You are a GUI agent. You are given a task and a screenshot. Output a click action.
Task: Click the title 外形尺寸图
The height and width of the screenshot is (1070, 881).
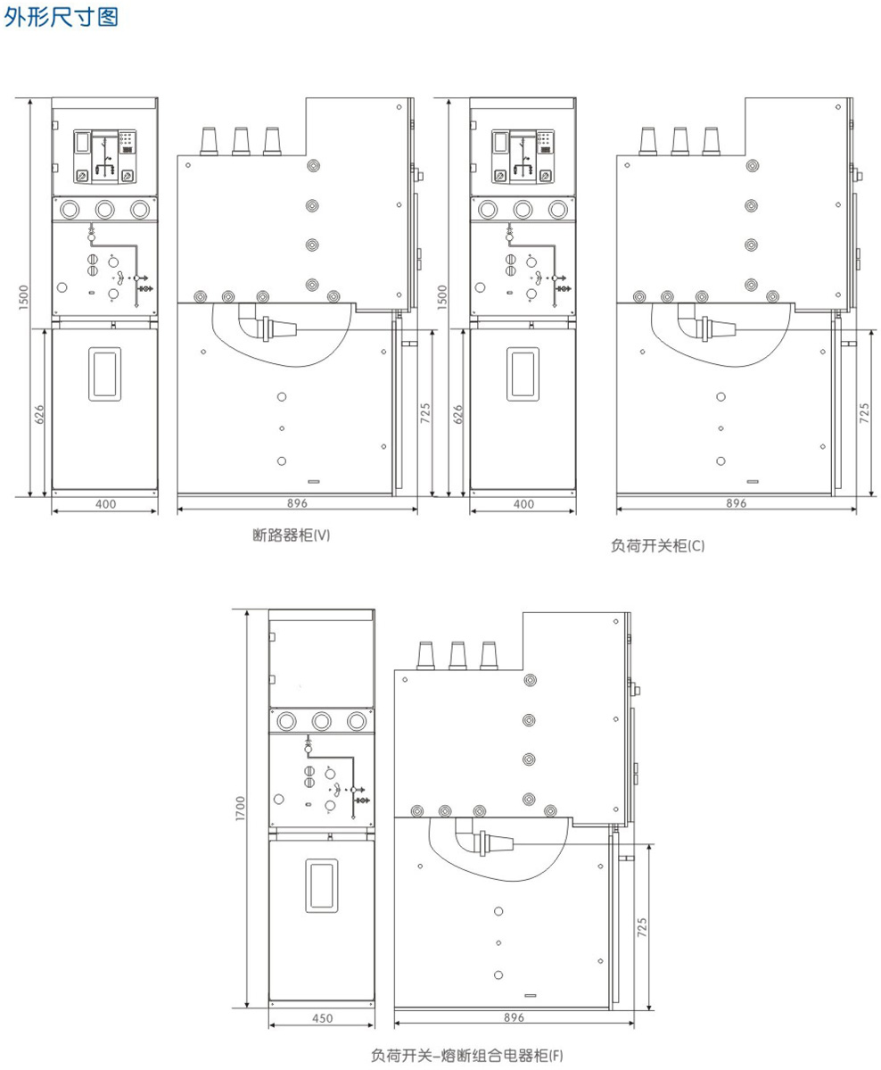tap(62, 16)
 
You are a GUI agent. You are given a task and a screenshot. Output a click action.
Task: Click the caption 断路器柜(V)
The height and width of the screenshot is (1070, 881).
tap(292, 535)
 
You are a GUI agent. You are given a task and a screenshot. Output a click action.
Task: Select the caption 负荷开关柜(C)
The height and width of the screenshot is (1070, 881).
tap(657, 546)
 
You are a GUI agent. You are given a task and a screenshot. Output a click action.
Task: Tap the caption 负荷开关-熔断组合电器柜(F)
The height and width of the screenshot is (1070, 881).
tap(467, 1056)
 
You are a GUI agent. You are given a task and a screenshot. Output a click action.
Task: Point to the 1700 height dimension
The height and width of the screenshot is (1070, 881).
tap(240, 809)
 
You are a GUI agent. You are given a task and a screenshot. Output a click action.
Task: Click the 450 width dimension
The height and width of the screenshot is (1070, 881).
tap(323, 1018)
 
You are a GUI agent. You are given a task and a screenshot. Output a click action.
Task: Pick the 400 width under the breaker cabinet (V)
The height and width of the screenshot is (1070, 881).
tap(106, 504)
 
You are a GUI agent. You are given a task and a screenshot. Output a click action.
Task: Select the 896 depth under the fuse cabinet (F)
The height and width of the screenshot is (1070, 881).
tap(515, 1017)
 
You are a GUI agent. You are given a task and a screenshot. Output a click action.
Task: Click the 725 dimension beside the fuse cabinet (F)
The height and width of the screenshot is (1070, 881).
tap(642, 926)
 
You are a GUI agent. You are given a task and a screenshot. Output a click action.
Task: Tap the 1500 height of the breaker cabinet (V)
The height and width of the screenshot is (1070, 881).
tap(24, 297)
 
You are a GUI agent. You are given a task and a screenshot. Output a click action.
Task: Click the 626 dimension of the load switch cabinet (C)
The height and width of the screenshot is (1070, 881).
tap(457, 414)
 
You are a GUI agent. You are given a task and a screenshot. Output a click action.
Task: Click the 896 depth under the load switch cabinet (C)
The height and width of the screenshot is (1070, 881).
tap(737, 503)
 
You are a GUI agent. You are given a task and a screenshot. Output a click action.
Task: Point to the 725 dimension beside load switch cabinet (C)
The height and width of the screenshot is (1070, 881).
tap(865, 413)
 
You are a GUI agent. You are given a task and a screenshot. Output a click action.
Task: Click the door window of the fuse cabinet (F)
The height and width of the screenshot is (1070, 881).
tap(322, 885)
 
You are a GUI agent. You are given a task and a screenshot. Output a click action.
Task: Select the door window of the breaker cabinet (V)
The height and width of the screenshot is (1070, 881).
tap(104, 374)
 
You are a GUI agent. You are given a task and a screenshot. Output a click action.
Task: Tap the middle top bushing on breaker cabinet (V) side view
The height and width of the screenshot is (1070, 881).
tap(241, 141)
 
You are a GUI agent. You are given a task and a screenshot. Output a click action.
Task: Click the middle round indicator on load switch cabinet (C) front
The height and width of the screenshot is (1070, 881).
tap(523, 209)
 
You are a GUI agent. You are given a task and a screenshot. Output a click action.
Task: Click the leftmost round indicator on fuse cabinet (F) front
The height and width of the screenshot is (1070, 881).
tap(286, 721)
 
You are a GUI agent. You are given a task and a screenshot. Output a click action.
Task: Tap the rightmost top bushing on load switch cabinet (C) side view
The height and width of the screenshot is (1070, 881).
tap(712, 141)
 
